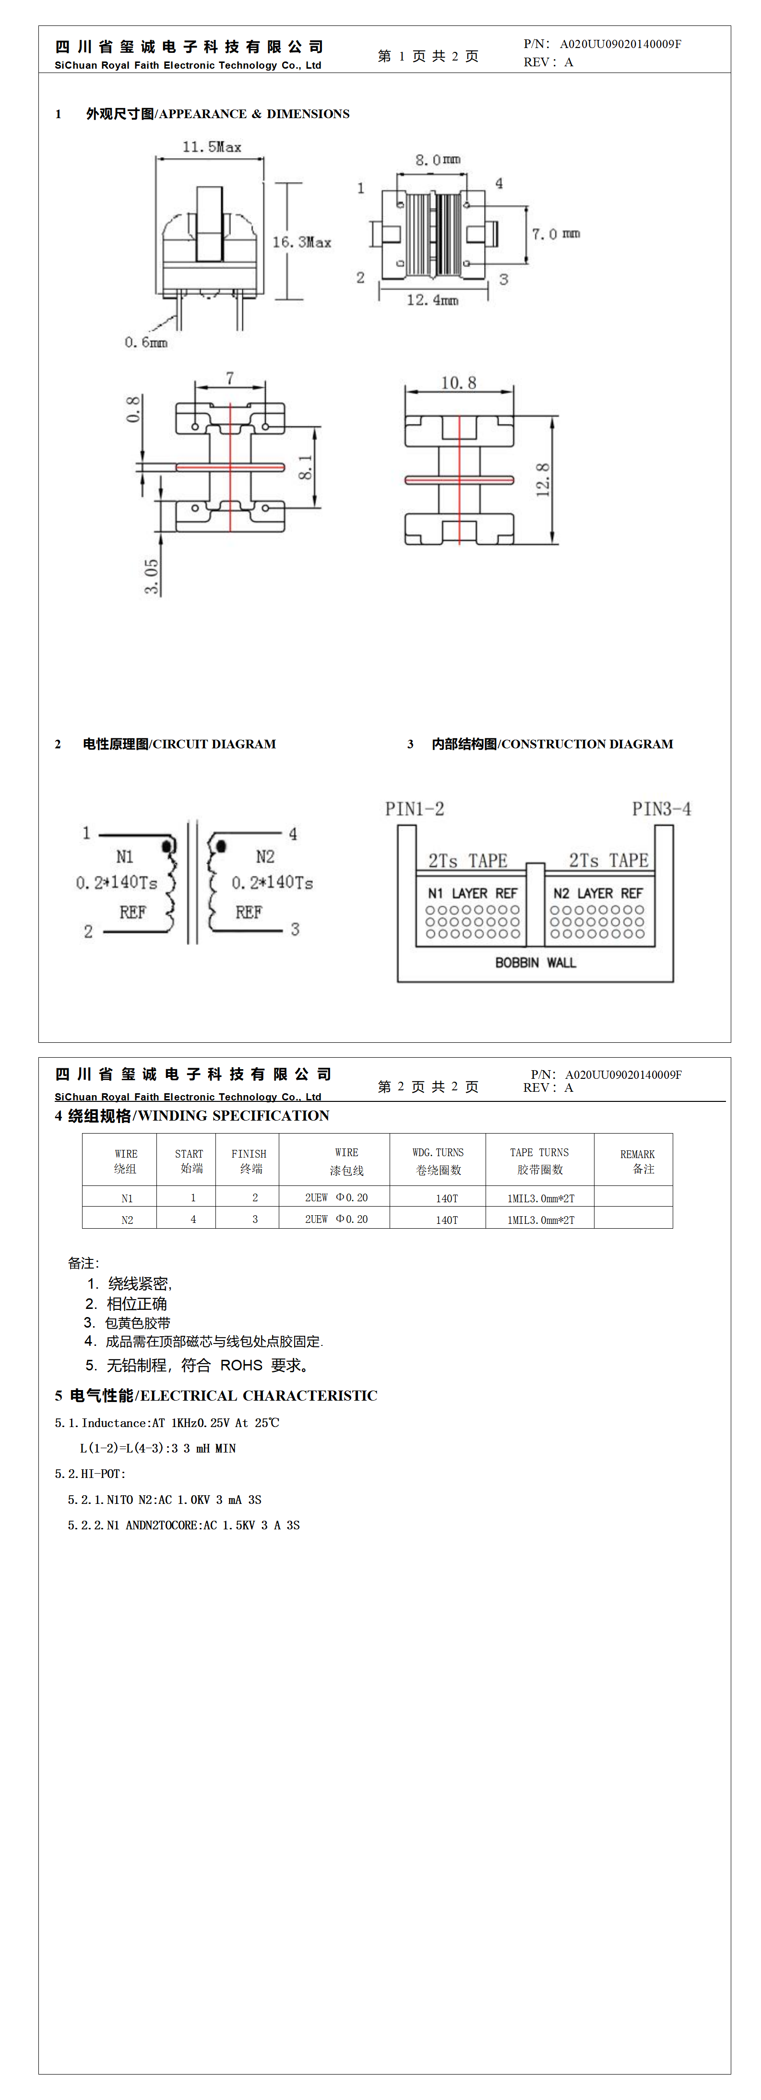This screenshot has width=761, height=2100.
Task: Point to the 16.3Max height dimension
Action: [301, 242]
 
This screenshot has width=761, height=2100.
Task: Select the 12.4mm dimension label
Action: [433, 300]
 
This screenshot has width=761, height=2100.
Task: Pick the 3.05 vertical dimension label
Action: [152, 576]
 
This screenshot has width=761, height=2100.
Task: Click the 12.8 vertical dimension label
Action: [543, 480]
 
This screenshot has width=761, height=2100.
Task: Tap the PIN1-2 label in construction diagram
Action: [415, 809]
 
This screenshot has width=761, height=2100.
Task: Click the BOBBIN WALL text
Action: [535, 963]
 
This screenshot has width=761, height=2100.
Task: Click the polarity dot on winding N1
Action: [168, 846]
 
